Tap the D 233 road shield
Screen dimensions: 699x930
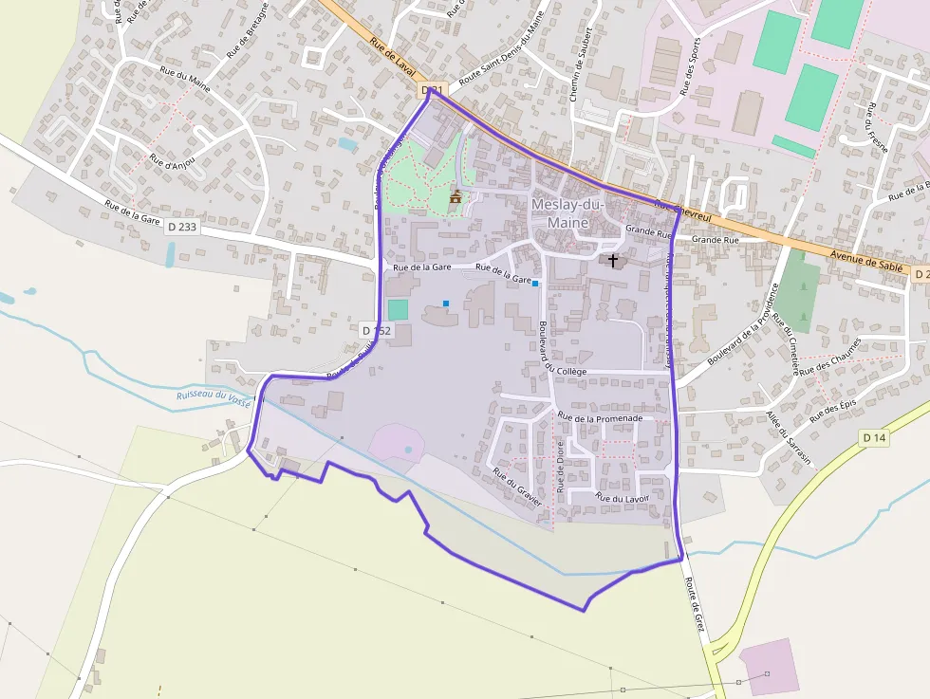[x=183, y=227]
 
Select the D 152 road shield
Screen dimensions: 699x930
[x=377, y=330]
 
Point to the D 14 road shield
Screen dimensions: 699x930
[x=874, y=437]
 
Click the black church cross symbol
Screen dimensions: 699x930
[x=613, y=259]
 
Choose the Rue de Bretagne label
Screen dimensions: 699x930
[x=248, y=30]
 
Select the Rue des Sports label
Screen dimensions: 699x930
[x=690, y=66]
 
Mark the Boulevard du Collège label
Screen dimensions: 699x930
[x=549, y=348]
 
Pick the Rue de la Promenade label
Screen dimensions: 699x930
[x=600, y=417]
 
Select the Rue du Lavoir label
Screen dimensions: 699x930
[x=622, y=497]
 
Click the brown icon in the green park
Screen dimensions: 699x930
[x=456, y=196]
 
